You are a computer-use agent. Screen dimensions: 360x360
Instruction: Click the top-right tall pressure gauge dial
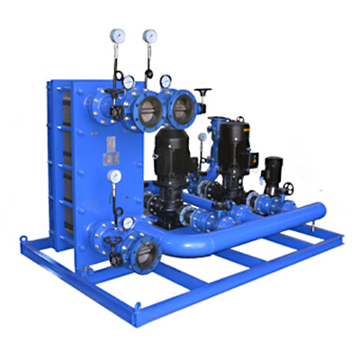pyautogui.click(x=148, y=37)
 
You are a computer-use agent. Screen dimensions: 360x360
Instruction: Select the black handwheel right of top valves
pyautogui.click(x=204, y=93)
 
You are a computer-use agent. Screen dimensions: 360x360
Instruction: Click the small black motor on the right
pyautogui.click(x=272, y=168)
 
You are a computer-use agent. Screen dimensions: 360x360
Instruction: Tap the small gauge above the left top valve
pyautogui.click(x=131, y=82)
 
